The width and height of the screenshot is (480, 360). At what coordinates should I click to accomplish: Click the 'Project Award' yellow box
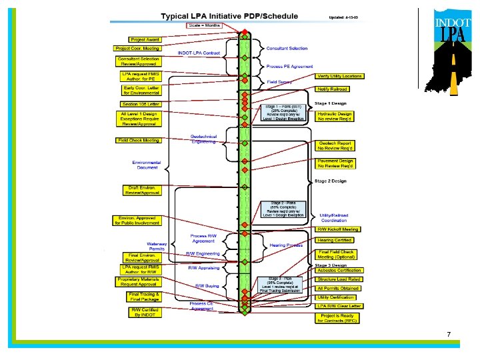145,40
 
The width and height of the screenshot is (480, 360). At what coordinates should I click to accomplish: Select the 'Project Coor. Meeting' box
137,48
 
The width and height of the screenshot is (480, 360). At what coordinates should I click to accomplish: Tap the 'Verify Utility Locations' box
339,76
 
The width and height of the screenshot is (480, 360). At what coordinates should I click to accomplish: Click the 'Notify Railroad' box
332,89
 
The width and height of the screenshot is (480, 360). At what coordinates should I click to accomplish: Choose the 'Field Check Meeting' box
138,141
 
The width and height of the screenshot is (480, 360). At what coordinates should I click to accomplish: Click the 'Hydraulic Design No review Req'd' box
334,116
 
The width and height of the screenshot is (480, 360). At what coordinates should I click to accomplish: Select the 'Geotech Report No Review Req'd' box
335,146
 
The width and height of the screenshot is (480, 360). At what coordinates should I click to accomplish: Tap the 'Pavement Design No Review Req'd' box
335,163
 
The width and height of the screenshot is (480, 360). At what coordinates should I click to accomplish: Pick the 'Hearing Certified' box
335,240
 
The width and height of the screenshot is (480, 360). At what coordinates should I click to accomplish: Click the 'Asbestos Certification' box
339,271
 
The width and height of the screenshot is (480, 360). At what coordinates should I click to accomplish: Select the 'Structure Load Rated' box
338,280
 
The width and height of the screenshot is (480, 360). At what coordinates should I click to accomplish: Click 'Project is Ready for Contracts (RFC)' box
337,319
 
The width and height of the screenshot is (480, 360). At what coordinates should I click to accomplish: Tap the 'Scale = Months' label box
205,25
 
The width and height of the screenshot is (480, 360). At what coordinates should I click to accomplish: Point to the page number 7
449,333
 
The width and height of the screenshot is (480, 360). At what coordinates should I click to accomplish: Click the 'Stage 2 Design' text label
330,181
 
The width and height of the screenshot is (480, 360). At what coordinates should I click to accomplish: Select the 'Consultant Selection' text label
287,49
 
